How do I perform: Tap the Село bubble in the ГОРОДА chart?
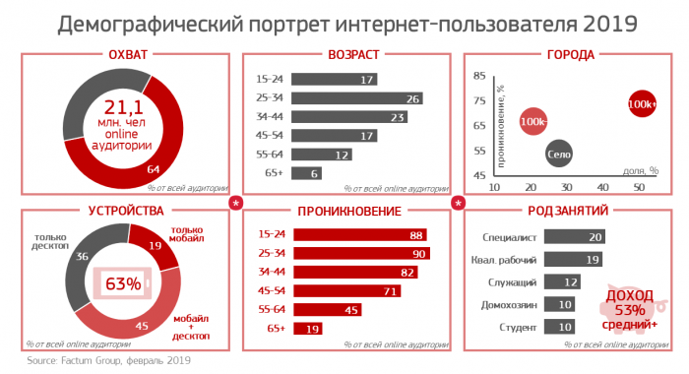point(559,154)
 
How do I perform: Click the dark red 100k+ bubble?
point(641,103)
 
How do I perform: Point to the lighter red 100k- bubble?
point(533,121)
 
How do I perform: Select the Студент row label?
point(518,327)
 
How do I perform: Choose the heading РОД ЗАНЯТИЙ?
point(570,211)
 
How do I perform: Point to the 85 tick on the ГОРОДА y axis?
point(480,76)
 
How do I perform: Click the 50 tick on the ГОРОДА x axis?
point(638,187)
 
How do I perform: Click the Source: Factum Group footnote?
point(108,362)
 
